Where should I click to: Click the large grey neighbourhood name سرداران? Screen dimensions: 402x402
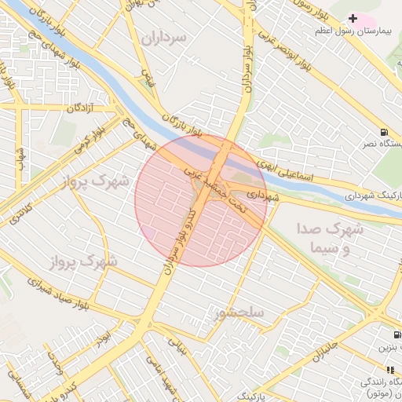tap(163, 37)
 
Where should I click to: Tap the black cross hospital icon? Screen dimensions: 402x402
tap(353, 17)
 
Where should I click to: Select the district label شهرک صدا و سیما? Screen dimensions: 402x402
tap(329, 238)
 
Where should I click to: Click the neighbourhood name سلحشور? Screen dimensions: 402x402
tap(239, 313)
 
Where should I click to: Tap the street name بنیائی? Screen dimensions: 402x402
tap(181, 345)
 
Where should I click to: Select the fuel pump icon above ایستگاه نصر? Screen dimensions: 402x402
tap(384, 132)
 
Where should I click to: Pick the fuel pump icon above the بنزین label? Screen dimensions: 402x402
tap(383, 334)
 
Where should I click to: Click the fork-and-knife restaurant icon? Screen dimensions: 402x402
tap(389, 369)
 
